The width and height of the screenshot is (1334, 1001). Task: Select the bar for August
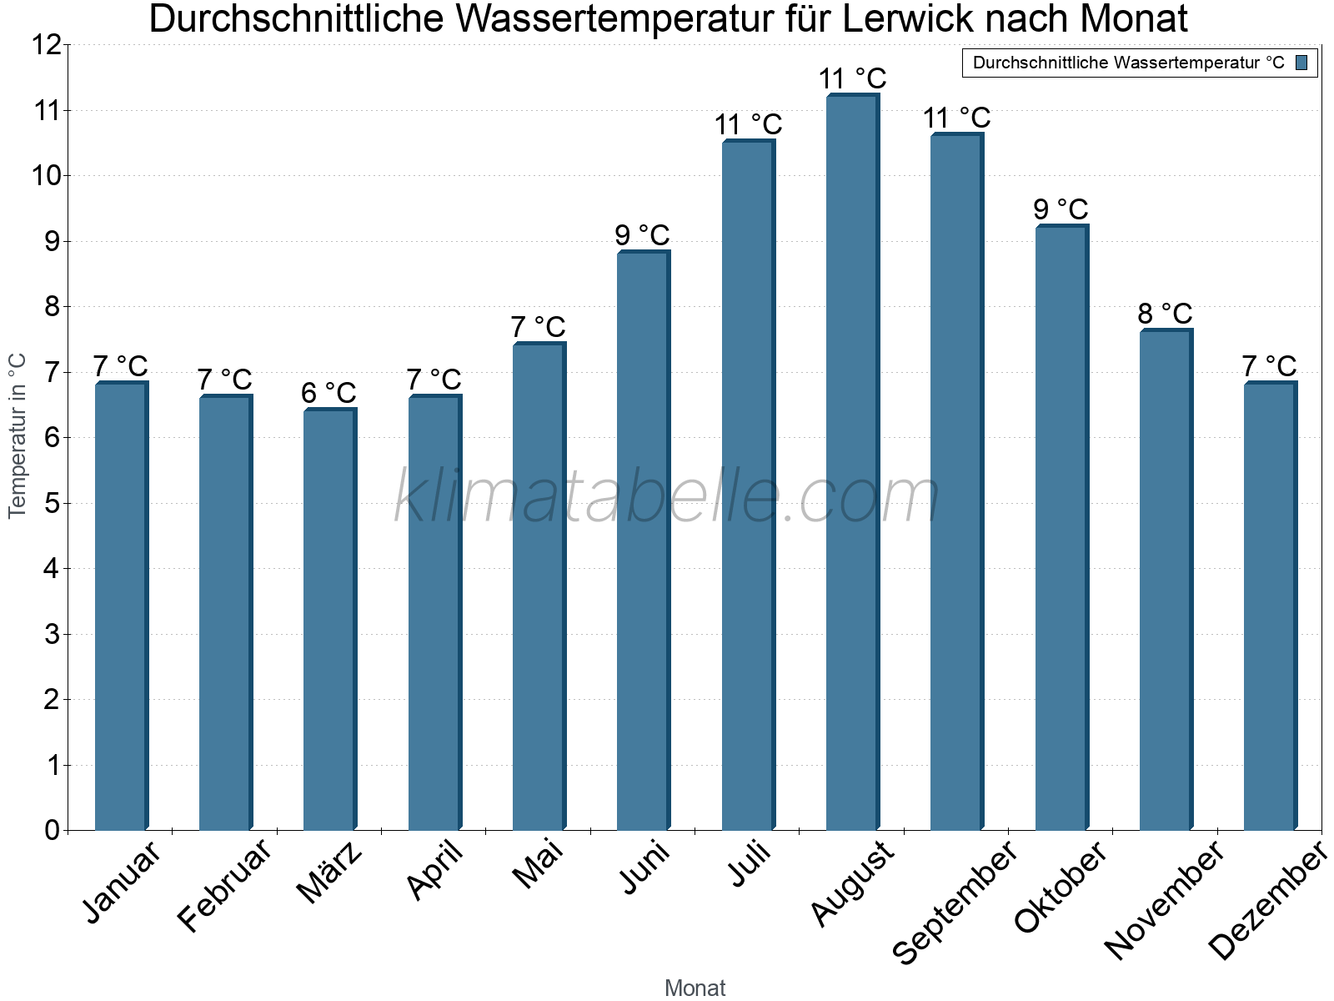852,463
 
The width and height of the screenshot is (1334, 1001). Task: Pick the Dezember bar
1270,606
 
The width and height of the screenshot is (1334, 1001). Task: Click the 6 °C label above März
328,392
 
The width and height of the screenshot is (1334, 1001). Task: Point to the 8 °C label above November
1165,314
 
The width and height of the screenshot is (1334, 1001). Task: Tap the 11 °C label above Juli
748,124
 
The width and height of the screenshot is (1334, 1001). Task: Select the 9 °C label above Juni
642,235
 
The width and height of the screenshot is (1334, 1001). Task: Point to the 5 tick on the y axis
52,504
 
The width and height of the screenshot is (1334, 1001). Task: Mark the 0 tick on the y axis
52,830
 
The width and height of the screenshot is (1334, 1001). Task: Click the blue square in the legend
1301,63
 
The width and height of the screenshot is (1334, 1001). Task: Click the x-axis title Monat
695,988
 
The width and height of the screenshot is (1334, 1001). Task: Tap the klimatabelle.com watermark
667,496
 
